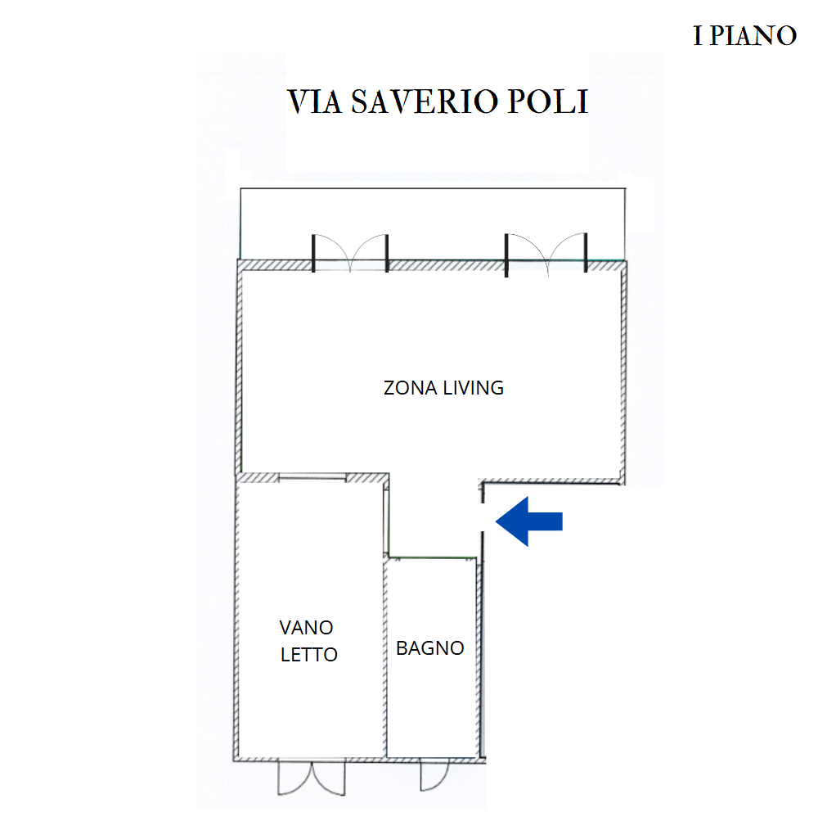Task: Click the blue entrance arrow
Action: coord(529,521)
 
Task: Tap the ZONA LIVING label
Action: coord(443,388)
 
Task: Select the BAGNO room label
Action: coord(429,648)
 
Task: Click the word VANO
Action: coord(306,628)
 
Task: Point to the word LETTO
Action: coord(308,655)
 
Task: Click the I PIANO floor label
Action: coord(744,36)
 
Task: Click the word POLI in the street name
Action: coord(547,101)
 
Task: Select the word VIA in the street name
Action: coord(315,101)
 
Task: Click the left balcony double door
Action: coord(350,253)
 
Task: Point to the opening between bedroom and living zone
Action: coord(312,478)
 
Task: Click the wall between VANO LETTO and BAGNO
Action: coord(384,657)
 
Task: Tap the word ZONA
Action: coord(410,388)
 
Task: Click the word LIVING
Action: coord(473,388)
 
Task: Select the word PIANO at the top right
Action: coord(753,36)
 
